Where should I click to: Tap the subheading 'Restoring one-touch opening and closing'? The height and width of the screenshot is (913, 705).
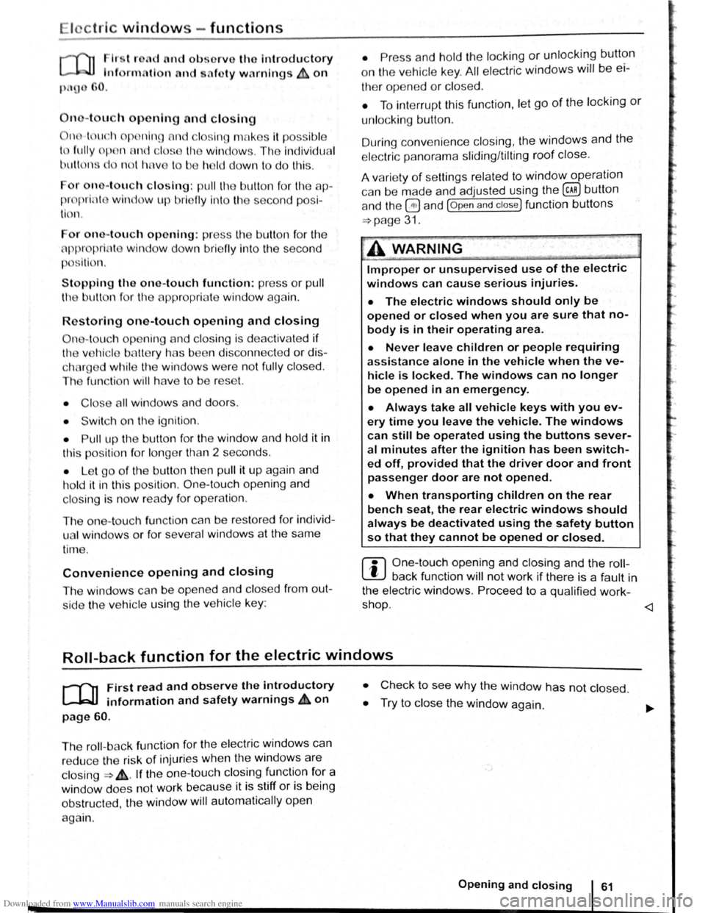click(189, 321)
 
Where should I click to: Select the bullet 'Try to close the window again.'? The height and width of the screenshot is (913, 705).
click(461, 706)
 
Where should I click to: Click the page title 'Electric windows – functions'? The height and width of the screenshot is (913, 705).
click(146, 28)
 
